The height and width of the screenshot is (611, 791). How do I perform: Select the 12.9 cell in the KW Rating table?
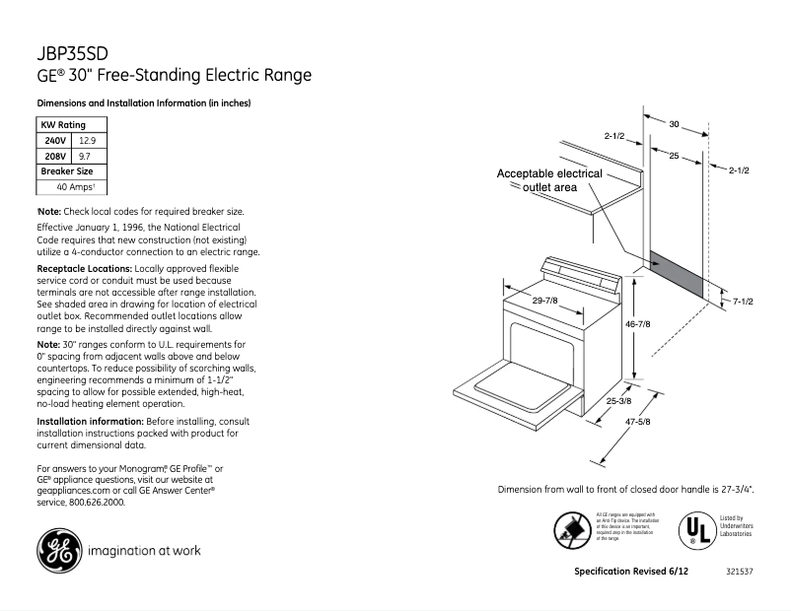88,141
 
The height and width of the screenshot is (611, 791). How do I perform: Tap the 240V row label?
54,141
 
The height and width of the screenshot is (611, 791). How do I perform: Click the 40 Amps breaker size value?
75,186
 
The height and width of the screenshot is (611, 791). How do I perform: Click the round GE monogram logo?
59,550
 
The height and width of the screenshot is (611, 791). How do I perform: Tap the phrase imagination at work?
144,551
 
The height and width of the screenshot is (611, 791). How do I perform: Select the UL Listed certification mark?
693,530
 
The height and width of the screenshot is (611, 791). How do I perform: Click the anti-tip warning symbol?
572,530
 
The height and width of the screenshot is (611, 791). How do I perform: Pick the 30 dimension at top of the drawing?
674,125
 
